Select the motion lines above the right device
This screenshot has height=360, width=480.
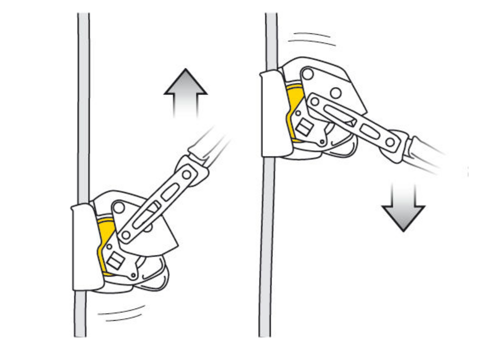[312, 38]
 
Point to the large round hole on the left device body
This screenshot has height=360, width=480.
[119, 207]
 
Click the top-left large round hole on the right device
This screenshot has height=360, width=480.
[308, 73]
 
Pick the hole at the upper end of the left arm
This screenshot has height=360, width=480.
[186, 174]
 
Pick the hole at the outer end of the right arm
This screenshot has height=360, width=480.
[390, 142]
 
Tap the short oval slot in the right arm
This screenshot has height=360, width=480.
[369, 132]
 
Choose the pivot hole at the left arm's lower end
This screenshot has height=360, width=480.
[126, 235]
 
